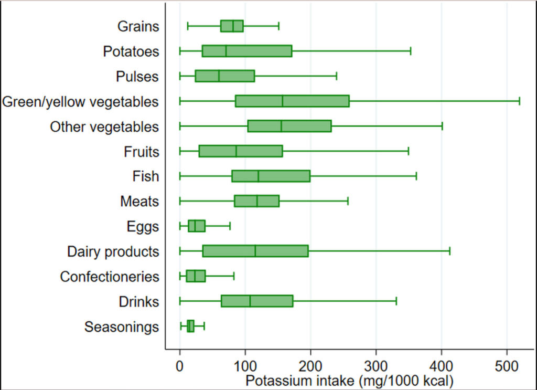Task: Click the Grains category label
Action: click(138, 26)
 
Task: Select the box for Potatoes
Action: click(246, 51)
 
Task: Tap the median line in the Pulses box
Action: click(219, 76)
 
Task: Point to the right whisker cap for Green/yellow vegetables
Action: click(519, 101)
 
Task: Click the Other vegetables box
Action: click(289, 126)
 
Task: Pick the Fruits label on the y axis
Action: click(141, 152)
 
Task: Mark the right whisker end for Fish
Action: click(416, 176)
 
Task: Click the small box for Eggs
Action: click(197, 226)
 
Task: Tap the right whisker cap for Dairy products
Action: click(450, 251)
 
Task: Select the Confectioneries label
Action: click(110, 277)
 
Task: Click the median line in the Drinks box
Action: click(250, 301)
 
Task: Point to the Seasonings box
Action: click(190, 326)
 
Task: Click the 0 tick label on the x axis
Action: click(180, 364)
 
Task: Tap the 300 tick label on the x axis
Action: click(376, 364)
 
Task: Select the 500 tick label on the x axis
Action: click(507, 364)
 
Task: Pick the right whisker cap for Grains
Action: click(278, 26)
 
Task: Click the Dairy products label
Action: click(113, 251)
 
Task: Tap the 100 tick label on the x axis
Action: click(245, 364)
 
